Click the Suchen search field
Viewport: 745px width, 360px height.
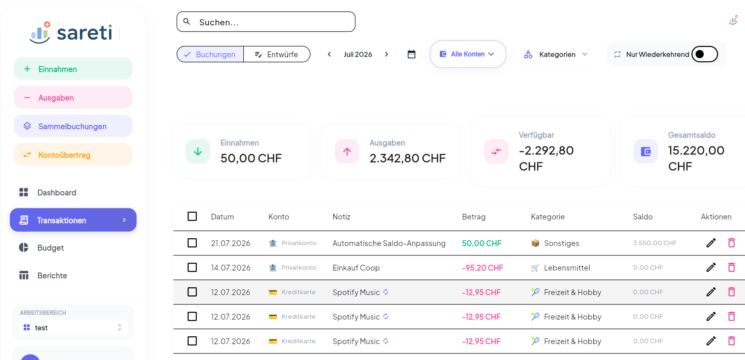click(266, 22)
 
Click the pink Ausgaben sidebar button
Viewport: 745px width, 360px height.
click(73, 98)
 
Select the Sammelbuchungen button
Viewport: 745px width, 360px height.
click(73, 126)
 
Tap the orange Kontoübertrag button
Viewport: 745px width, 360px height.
click(73, 155)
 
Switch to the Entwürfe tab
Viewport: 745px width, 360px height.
click(277, 54)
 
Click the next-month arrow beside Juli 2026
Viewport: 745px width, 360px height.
click(386, 54)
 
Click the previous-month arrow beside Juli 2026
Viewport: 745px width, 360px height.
click(329, 54)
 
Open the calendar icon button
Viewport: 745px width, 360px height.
click(411, 54)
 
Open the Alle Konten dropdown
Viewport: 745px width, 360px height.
click(468, 54)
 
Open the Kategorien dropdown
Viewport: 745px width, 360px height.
click(557, 54)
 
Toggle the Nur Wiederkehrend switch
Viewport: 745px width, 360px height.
click(705, 54)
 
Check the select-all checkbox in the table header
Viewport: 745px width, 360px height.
click(192, 216)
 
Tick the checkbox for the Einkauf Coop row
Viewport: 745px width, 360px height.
click(192, 267)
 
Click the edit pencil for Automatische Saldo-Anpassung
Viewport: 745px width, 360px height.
click(711, 243)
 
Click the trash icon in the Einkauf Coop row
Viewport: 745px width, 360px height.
click(732, 267)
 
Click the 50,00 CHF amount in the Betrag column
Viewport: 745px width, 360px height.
click(482, 243)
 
